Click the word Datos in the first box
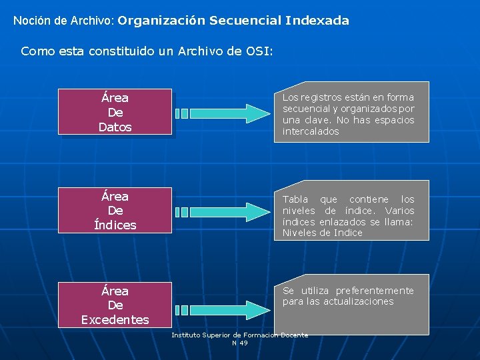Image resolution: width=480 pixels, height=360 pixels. click(115, 127)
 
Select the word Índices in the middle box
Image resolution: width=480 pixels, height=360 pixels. click(115, 225)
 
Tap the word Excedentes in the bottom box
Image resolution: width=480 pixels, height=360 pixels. click(115, 320)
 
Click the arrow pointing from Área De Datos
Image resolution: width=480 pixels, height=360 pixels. click(220, 113)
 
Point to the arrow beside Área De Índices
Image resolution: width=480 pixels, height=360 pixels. click(220, 211)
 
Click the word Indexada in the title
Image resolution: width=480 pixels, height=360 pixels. click(317, 21)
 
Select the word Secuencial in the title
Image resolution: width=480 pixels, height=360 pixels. click(244, 21)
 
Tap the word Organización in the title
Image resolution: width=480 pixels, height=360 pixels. click(163, 21)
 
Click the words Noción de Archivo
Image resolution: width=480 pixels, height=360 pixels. click(63, 21)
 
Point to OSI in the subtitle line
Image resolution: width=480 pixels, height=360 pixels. click(259, 51)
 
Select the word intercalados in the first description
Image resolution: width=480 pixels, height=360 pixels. click(311, 132)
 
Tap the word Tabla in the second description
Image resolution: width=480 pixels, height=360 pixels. click(295, 199)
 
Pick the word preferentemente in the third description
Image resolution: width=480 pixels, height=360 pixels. click(374, 291)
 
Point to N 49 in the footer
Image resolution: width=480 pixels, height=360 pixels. click(240, 343)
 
